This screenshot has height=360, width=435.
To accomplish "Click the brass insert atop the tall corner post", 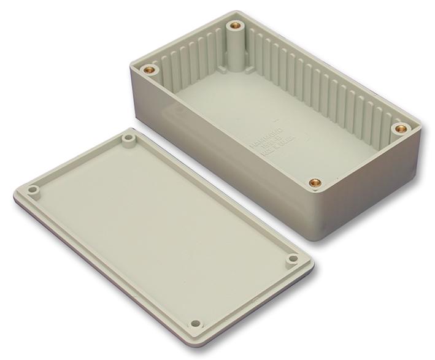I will click(x=235, y=27).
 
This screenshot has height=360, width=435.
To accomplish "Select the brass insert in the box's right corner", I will click(x=401, y=129).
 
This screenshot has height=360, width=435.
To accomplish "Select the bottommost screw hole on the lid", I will click(x=196, y=323).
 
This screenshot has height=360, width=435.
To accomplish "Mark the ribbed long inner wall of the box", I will click(x=325, y=86).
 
